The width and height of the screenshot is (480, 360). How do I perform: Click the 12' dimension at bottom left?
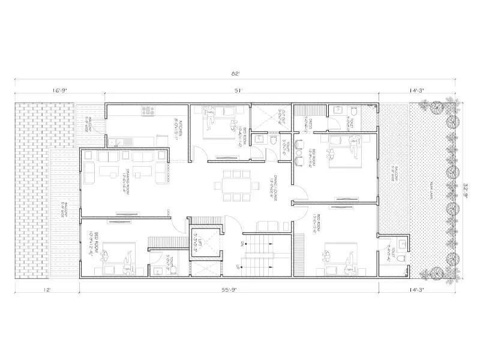pyautogui.click(x=47, y=289)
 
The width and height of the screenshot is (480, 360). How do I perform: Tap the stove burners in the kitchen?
pyautogui.click(x=148, y=111)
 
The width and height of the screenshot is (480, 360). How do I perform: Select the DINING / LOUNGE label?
pyautogui.click(x=271, y=191)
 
